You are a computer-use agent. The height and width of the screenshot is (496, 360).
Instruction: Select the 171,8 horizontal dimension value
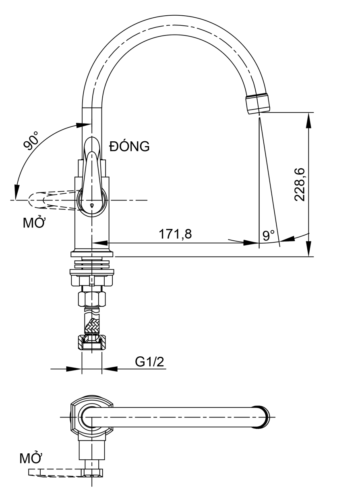(x=175, y=234)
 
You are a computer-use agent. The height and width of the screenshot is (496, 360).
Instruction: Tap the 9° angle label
(x=269, y=235)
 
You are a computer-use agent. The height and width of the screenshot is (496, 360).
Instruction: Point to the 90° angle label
(x=31, y=140)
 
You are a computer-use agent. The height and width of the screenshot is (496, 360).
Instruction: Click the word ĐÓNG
(x=130, y=147)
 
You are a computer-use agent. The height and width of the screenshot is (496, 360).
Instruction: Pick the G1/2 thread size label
(x=149, y=362)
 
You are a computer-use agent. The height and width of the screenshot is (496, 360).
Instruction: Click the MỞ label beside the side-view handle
(x=33, y=223)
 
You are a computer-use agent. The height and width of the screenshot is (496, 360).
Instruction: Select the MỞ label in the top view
(x=31, y=458)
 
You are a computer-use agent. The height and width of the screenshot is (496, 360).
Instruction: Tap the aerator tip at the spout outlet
(x=257, y=104)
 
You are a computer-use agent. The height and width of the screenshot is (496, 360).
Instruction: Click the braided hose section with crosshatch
(x=92, y=324)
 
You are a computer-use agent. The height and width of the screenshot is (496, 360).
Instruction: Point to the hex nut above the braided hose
(x=91, y=299)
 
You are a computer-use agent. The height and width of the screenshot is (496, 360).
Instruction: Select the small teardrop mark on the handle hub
(x=92, y=206)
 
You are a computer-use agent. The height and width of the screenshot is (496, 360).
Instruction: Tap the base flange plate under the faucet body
(x=92, y=254)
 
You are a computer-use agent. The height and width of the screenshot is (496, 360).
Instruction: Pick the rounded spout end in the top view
(x=263, y=417)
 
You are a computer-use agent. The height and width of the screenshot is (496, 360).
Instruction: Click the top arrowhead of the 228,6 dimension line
(x=309, y=117)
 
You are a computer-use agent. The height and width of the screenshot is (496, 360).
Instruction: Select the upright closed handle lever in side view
(x=91, y=169)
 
